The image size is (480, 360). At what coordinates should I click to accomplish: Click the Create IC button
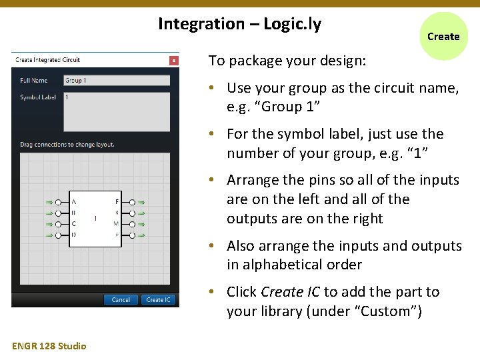[x=159, y=300]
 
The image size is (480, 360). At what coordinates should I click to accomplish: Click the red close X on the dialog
[x=173, y=60]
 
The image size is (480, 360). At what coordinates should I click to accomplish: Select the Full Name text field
[x=117, y=81]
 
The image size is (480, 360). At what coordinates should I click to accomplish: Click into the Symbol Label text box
[x=117, y=111]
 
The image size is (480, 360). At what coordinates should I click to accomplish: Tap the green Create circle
[x=443, y=37]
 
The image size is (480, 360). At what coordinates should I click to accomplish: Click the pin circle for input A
[x=59, y=202]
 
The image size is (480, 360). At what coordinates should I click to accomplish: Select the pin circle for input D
[x=59, y=235]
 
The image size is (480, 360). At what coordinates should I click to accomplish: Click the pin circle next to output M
[x=132, y=224]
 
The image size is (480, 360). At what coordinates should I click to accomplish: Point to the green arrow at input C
[x=49, y=224]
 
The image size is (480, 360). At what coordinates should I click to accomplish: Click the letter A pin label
[x=73, y=202]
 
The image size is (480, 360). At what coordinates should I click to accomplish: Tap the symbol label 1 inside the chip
[x=95, y=218]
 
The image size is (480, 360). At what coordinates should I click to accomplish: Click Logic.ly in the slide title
[x=292, y=25]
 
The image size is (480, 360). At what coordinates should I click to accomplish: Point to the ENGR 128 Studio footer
[x=49, y=345]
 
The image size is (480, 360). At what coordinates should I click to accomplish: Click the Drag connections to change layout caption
[x=67, y=144]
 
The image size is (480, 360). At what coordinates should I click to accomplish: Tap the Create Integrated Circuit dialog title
[x=47, y=60]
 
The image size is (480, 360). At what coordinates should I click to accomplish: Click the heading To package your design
[x=287, y=61]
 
